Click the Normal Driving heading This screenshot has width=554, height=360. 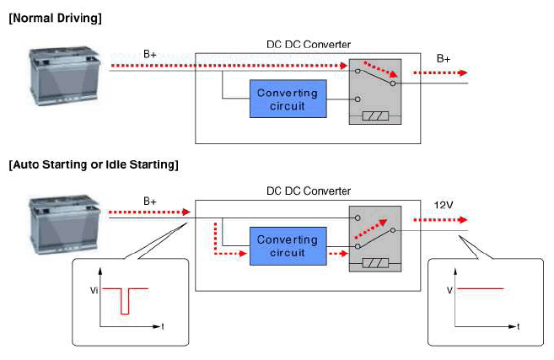[x=55, y=18]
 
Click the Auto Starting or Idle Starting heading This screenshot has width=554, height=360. [x=94, y=164]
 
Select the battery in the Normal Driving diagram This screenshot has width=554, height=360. [x=64, y=76]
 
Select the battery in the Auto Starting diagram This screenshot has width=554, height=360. [x=64, y=223]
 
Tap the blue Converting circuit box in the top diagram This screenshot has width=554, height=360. [x=288, y=99]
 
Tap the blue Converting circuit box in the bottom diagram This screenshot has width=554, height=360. [x=288, y=246]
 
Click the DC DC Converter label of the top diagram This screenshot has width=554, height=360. [x=309, y=45]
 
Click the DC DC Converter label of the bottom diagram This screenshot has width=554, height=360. [x=309, y=191]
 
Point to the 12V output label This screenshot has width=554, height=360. [x=444, y=205]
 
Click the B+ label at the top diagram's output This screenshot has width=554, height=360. [x=444, y=58]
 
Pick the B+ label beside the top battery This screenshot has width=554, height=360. [x=150, y=54]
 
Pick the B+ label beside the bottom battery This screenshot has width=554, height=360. [x=150, y=201]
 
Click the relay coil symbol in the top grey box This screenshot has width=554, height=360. [x=375, y=116]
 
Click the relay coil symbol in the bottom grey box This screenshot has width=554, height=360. [x=375, y=263]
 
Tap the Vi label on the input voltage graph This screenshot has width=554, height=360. [x=94, y=290]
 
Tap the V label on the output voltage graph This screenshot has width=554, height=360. [x=449, y=290]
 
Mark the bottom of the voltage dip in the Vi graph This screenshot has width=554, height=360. [x=125, y=314]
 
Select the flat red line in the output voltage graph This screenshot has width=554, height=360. [x=480, y=288]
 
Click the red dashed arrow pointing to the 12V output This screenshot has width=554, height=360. [x=440, y=220]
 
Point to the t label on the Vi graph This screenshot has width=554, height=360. [x=163, y=326]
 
